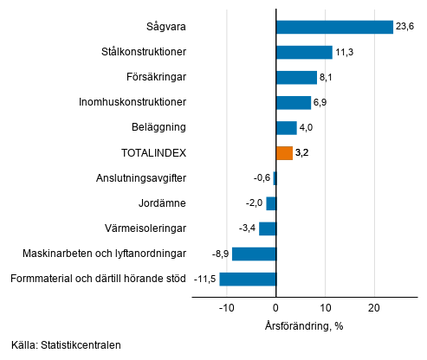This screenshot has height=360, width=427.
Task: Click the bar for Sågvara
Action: (334, 27)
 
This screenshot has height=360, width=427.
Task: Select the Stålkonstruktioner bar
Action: (304, 52)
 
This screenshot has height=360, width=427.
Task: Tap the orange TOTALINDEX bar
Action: (284, 153)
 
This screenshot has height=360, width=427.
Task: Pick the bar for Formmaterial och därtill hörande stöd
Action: (248, 279)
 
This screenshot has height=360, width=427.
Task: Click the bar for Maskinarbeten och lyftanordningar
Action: (254, 254)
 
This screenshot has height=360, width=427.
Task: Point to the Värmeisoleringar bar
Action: (268, 228)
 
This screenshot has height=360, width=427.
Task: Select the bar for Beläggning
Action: (286, 128)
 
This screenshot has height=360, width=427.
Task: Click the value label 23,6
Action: (405, 27)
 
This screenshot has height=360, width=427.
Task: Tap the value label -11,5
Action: (205, 280)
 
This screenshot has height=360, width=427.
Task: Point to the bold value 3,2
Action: (302, 153)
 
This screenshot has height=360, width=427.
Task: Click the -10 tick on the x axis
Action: (226, 308)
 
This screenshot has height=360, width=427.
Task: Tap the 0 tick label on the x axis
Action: (275, 308)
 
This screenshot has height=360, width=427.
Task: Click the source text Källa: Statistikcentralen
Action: (67, 345)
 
